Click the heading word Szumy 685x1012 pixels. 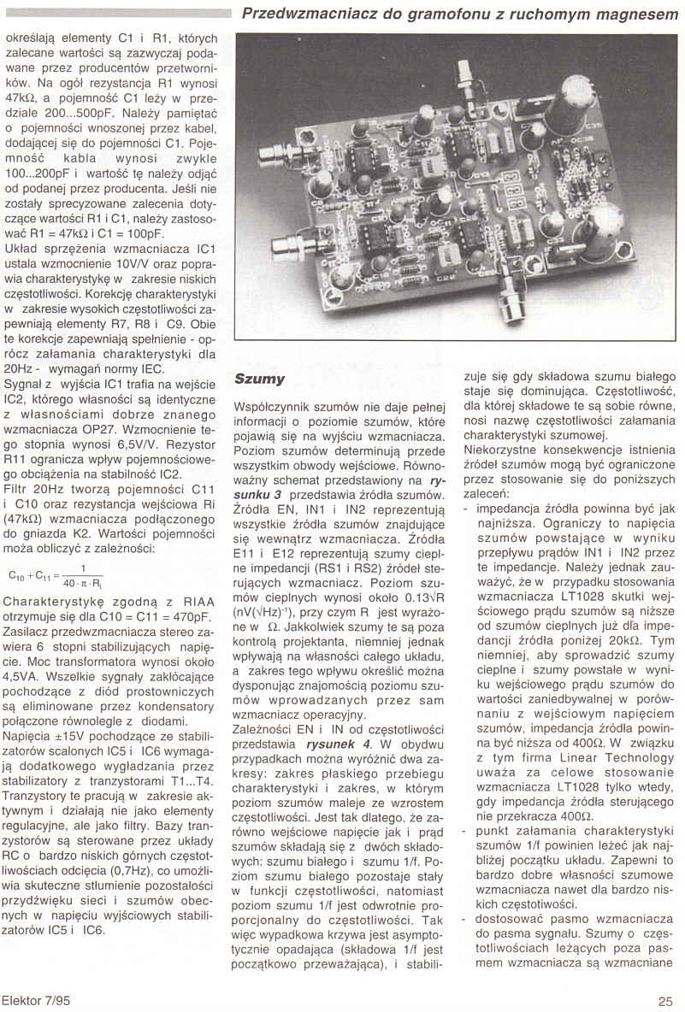coord(261,379)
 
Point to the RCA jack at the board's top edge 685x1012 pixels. coord(467,73)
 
